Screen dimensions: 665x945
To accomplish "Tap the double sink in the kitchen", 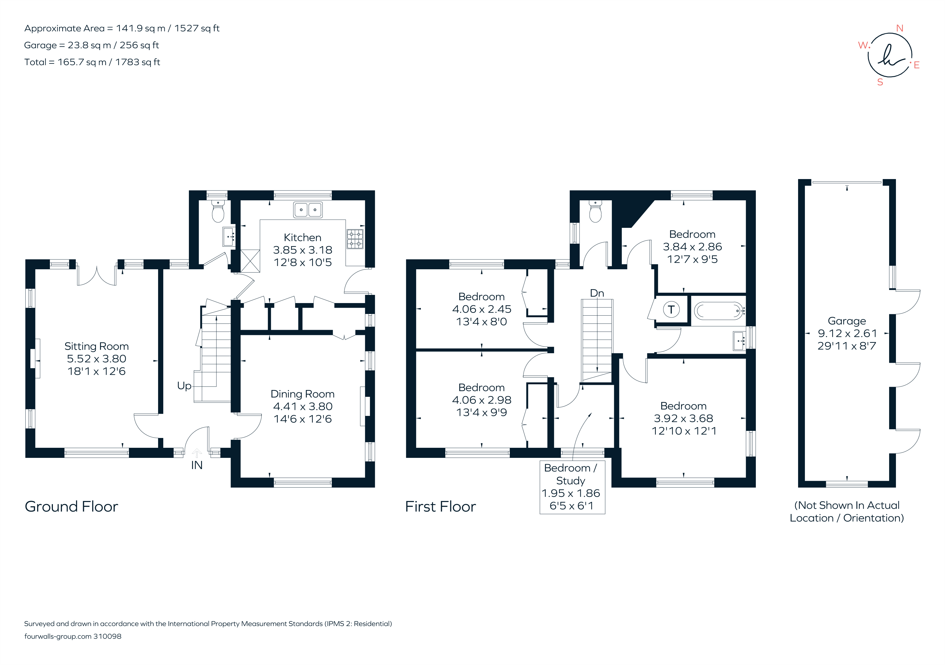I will click(308, 210).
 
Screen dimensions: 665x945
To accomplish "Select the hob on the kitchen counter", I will click(355, 239).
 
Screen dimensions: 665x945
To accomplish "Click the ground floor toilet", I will click(218, 212).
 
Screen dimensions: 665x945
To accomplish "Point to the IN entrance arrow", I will click(197, 454).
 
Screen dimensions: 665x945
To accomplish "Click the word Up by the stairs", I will click(184, 386).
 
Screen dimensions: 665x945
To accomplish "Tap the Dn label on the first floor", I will click(597, 293).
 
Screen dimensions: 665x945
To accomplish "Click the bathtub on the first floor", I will click(718, 311).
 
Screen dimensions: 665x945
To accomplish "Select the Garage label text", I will click(847, 321).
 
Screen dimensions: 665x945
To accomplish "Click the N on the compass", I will click(900, 28).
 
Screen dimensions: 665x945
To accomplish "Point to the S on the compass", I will click(880, 82).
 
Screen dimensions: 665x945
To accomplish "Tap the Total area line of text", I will click(92, 62).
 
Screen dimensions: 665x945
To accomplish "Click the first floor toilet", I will click(595, 212).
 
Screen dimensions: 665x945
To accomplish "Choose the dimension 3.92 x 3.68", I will click(683, 419).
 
